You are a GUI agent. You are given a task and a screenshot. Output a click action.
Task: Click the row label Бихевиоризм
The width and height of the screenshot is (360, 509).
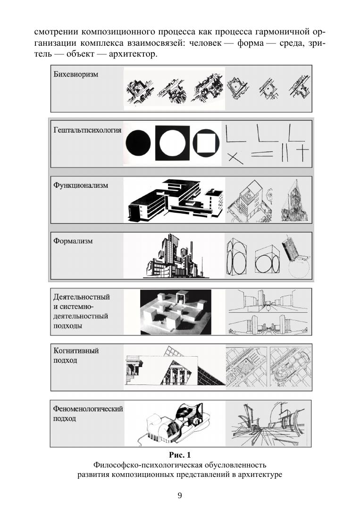[x=75, y=75]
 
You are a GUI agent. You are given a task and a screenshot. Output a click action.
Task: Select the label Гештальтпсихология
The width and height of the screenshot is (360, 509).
[x=87, y=130]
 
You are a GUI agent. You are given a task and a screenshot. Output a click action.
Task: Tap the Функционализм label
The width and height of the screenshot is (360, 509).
[x=81, y=186]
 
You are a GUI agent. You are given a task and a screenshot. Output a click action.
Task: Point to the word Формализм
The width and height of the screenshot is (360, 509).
[x=73, y=241]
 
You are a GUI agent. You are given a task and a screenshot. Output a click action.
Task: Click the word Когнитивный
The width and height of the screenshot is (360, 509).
[x=76, y=351]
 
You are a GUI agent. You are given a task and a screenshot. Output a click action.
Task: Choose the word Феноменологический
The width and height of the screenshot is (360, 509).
[x=88, y=409]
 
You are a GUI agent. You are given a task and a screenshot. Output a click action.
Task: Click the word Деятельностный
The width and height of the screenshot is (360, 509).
[x=82, y=297]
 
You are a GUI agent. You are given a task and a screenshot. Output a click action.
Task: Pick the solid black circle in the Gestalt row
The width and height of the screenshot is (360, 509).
[x=138, y=143]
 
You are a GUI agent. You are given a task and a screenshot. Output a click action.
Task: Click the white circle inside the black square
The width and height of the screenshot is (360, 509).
[x=172, y=143]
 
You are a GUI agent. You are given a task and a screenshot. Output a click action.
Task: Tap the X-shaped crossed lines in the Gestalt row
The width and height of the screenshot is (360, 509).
[x=235, y=158]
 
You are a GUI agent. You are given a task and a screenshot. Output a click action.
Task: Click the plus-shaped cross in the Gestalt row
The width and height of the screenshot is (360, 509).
[x=302, y=152]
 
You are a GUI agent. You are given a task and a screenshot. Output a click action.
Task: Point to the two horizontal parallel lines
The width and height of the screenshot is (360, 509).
[x=262, y=154]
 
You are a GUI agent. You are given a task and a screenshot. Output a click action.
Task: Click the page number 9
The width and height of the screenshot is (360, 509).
[x=180, y=496]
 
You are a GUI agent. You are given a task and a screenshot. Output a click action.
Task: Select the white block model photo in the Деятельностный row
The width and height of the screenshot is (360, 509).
[x=176, y=312]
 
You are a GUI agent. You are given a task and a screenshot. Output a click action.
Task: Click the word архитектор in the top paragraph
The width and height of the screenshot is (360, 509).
[x=132, y=54]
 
